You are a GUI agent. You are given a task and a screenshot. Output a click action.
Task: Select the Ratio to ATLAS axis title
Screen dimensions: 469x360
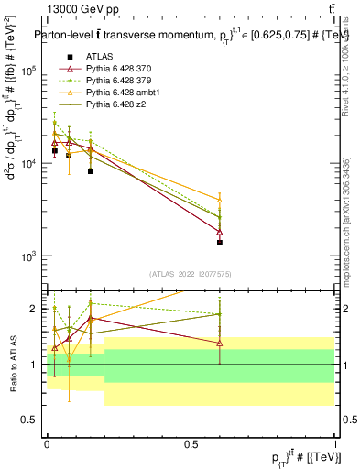[x=13, y=364]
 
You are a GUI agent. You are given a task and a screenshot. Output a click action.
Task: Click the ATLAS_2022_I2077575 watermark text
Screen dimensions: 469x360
[x=191, y=274]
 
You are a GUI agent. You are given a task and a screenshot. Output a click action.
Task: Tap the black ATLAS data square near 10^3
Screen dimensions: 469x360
[x=220, y=243]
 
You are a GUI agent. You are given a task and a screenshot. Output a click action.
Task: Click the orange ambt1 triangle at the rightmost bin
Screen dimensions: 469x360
[x=220, y=200]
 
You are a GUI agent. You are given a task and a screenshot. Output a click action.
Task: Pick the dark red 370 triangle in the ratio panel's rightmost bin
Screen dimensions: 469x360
[x=220, y=343]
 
